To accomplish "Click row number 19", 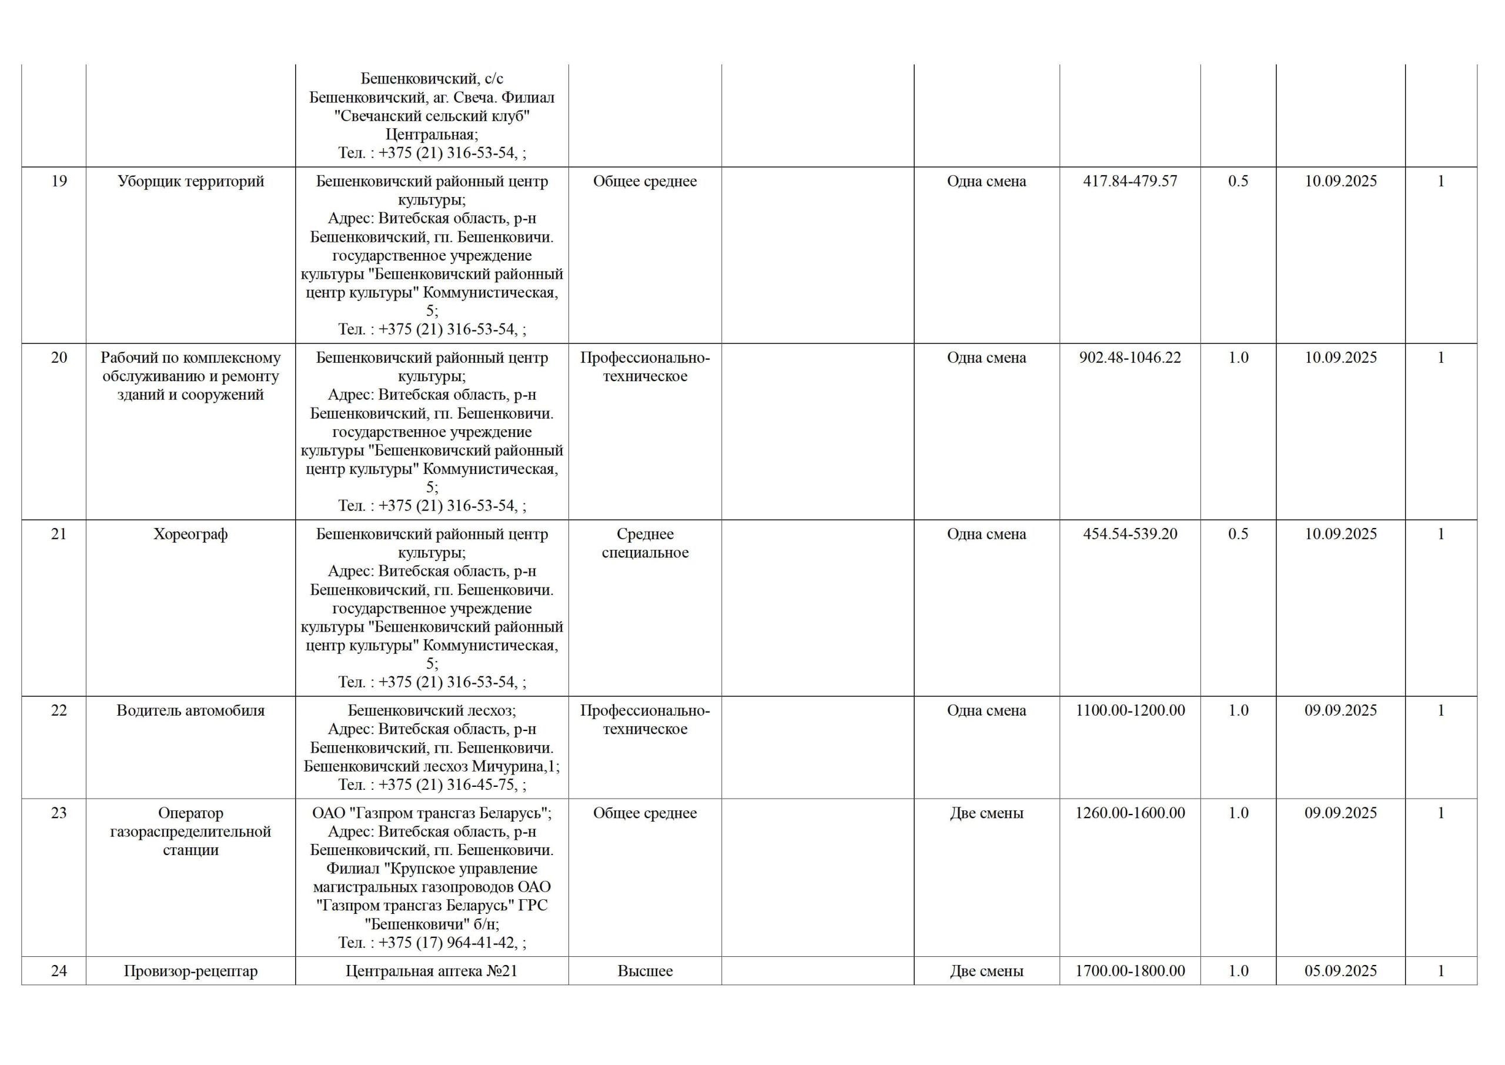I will pos(59,182).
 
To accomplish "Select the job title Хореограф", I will pos(190,535).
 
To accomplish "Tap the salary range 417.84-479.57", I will pos(1129,182).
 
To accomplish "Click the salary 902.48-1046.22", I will pos(1129,358).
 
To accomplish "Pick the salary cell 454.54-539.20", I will pos(1129,535).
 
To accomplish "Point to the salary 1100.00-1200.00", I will pos(1129,711).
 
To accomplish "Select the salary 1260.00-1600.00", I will pos(1129,813).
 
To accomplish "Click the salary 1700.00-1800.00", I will pos(1129,971).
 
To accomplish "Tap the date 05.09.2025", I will pos(1340,971).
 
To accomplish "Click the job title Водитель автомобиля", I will pos(190,711).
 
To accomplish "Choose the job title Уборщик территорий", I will pos(190,182).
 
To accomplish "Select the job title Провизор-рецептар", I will pos(190,971).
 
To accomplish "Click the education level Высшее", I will pos(644,971).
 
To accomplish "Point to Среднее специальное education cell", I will pos(644,543).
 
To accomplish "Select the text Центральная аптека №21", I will pos(432,971).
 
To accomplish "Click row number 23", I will pos(59,813).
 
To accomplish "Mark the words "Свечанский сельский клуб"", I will pos(432,116).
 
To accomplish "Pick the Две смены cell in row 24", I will pos(986,971).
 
